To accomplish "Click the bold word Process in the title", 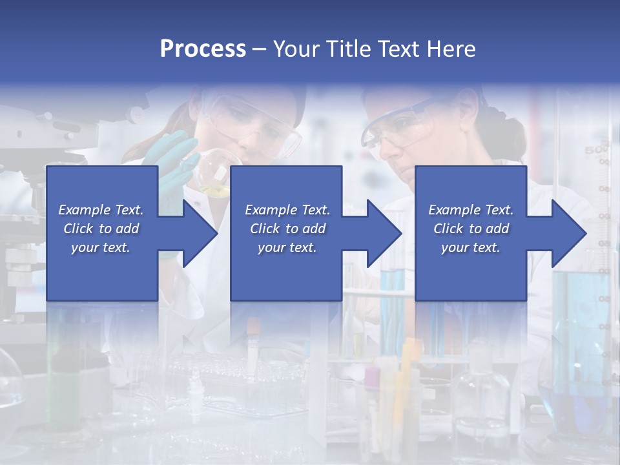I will (x=203, y=48).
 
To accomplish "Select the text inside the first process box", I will (x=101, y=229).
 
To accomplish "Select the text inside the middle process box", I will (x=287, y=229).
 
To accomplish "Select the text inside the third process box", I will (x=470, y=229).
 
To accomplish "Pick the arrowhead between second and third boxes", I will (x=384, y=233).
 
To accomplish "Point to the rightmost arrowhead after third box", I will (x=568, y=233).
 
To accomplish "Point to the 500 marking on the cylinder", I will (x=595, y=150).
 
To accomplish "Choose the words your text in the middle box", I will (x=287, y=247).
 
